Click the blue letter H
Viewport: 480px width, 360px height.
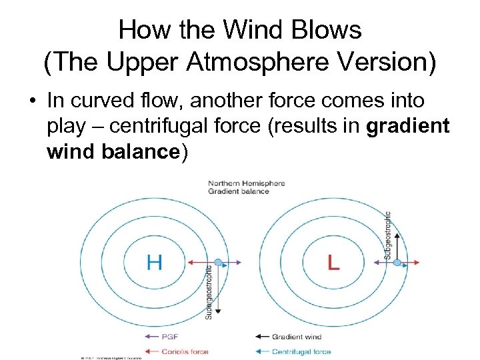coord(154,261)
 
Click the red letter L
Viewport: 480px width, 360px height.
coord(333,262)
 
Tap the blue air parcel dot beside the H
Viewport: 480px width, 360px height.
coord(218,262)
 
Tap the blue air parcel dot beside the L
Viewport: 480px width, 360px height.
coord(397,263)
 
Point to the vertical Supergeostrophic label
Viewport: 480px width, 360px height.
coord(208,292)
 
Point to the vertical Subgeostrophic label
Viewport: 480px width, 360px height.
coord(388,235)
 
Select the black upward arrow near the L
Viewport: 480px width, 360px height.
coord(397,243)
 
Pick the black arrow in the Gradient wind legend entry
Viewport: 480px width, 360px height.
coord(261,336)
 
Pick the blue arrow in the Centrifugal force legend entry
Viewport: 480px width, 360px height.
coord(261,351)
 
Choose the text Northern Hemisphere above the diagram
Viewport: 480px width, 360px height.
coord(246,183)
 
